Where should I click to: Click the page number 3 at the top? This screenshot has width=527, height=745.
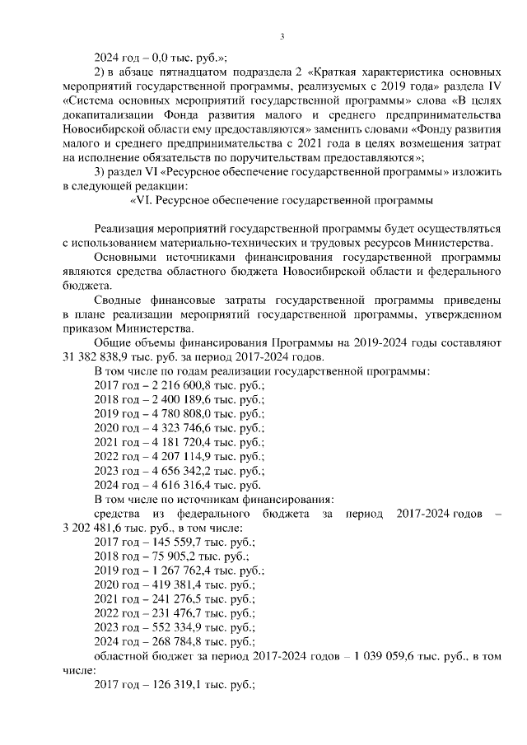282,35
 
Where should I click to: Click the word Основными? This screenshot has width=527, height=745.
125,257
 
